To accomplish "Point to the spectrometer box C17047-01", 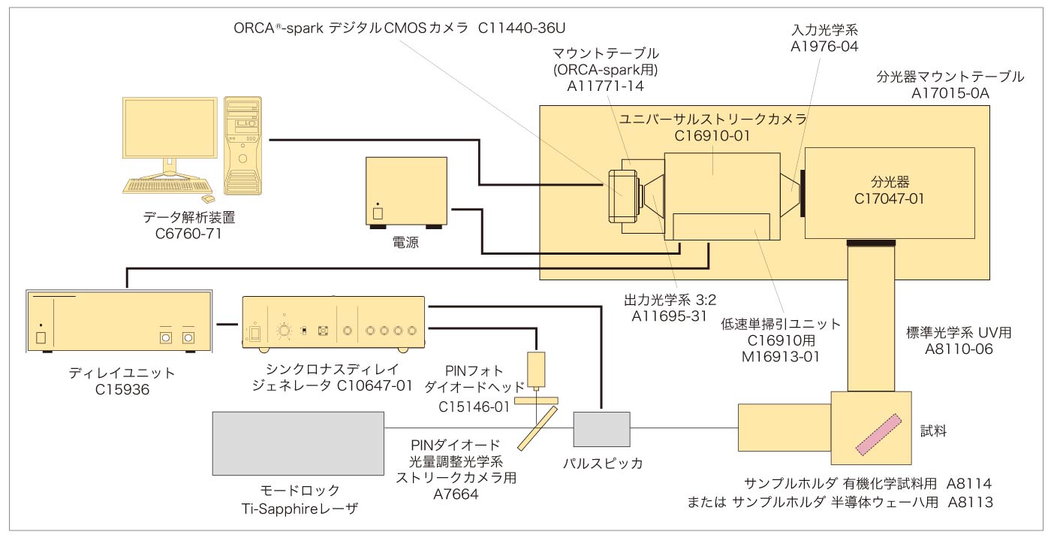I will (889, 191).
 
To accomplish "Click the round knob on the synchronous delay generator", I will (285, 330).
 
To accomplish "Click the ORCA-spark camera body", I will (622, 193).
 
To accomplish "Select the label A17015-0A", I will (950, 93).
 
